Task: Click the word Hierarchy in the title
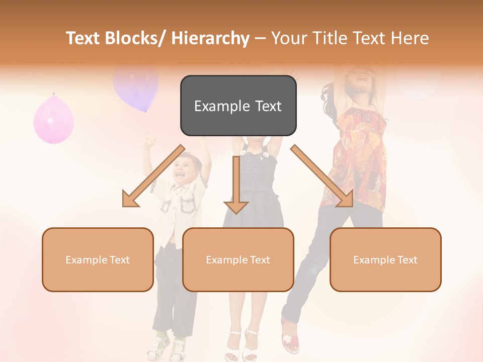click(210, 39)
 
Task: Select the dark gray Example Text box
click(238, 106)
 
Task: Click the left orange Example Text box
click(98, 259)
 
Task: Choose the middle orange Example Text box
click(238, 259)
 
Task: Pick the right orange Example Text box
click(385, 259)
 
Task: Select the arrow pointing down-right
click(322, 176)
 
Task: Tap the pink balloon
click(53, 120)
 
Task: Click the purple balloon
click(136, 87)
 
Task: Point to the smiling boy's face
click(187, 168)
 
